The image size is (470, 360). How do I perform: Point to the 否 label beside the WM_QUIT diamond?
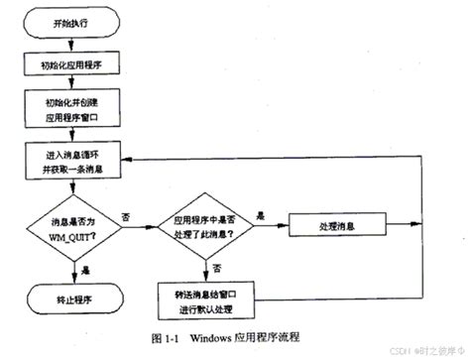click(x=126, y=215)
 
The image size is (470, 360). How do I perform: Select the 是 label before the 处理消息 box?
click(x=260, y=214)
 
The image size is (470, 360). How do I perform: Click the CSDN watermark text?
click(x=389, y=351)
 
